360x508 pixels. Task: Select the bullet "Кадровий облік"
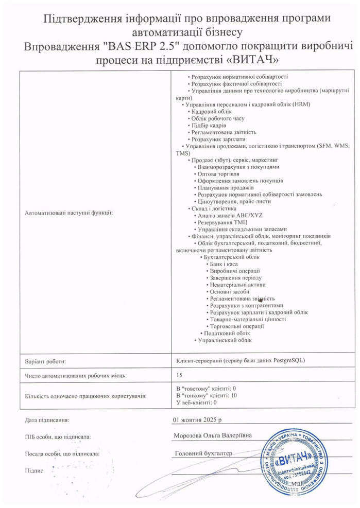point(211,111)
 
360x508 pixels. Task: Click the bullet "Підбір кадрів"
point(208,125)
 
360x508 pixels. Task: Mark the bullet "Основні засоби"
point(229,291)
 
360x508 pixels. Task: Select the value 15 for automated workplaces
point(179,375)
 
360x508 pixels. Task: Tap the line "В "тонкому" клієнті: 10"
point(206,395)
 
